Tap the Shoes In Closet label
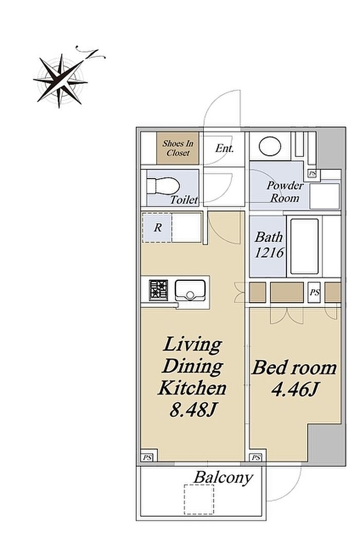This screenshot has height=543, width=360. (178, 148)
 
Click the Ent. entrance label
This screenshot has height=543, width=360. (224, 148)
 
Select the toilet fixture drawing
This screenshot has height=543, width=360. (163, 186)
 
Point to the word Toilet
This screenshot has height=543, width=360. (184, 200)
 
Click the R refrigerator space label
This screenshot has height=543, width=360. (158, 227)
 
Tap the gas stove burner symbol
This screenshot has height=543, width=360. (158, 290)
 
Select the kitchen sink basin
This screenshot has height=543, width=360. (190, 290)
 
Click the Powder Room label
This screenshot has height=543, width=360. (285, 191)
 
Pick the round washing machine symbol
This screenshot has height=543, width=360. (271, 147)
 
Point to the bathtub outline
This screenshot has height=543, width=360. (304, 246)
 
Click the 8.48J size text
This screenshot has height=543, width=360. (193, 410)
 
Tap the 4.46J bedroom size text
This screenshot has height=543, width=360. (295, 390)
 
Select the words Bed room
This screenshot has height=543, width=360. (294, 368)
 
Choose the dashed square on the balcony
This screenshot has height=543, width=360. (199, 499)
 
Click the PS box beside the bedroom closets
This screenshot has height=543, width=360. (315, 292)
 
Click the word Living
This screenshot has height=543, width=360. (192, 345)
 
